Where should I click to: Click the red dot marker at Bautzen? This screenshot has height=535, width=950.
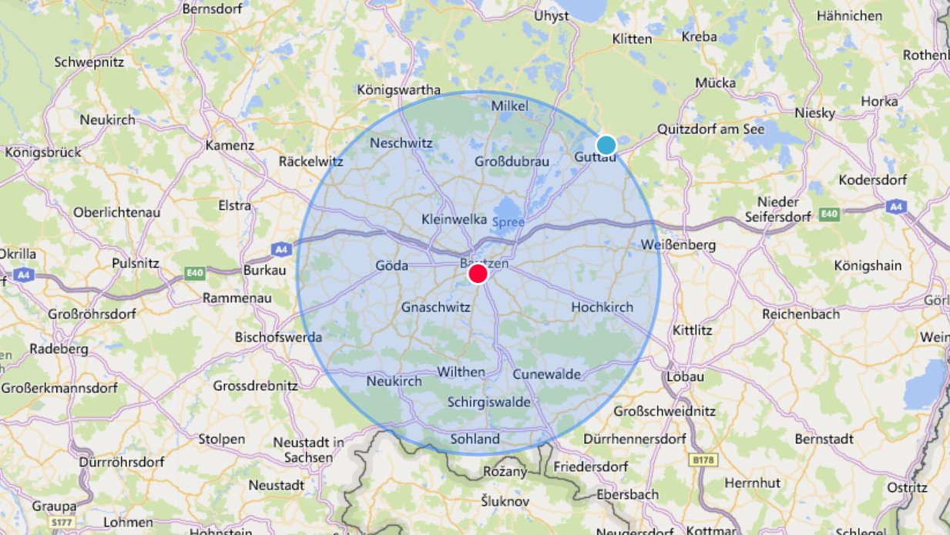coord(478,274)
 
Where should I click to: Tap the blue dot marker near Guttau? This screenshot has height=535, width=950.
coord(606,145)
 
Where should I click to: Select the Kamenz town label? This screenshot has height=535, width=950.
coord(230,145)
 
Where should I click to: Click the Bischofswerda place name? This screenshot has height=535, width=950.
coord(278,337)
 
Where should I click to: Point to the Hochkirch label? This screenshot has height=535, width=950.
coord(602,307)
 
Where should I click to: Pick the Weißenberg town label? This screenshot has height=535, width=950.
coord(678,245)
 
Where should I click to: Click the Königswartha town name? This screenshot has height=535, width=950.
coord(398,89)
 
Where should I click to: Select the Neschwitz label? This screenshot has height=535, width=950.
coord(401,143)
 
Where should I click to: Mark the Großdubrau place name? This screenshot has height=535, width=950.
coord(512,161)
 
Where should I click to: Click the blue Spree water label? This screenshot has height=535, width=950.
coord(508,222)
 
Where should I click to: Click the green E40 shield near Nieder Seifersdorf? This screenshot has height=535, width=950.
coord(829,214)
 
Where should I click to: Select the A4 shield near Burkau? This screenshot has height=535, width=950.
coord(281,249)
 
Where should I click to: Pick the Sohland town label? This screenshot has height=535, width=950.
coord(475,439)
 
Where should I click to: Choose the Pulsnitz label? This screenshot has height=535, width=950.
coord(135,263)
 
